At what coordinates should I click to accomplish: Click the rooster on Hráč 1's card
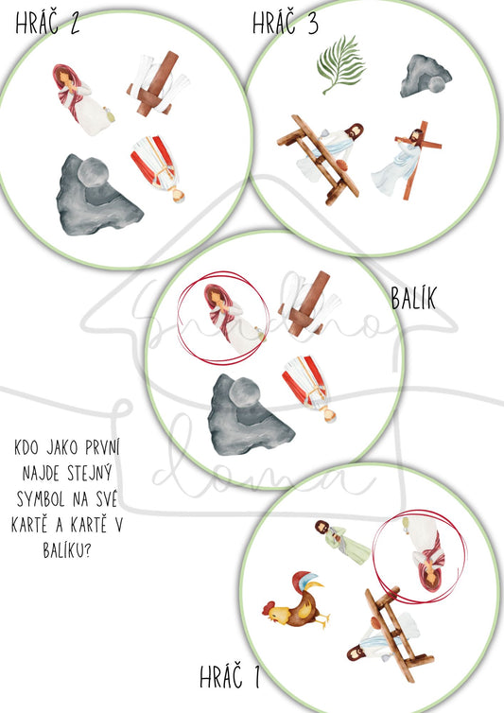point(298,602)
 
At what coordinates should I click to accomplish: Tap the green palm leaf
point(341,61)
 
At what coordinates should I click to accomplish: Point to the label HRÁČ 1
point(232,678)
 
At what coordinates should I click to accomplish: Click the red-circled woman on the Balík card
point(224,314)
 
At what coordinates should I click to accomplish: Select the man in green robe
point(339,541)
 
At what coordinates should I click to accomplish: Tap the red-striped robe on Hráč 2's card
point(158,167)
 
